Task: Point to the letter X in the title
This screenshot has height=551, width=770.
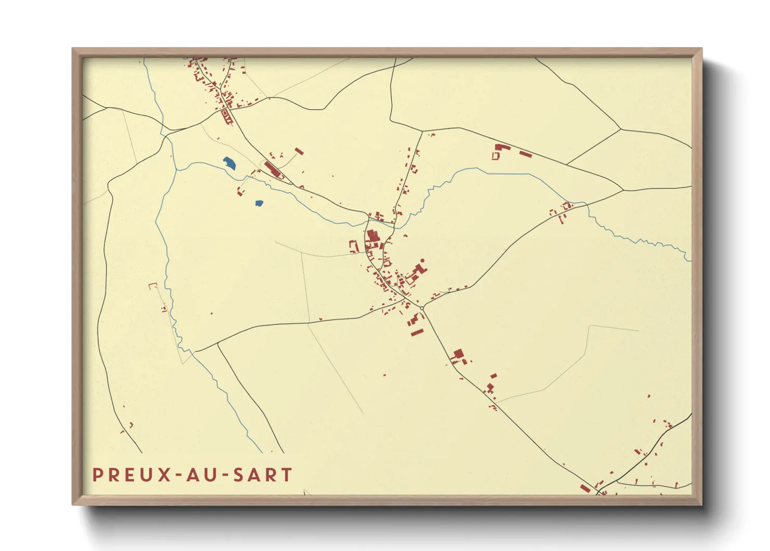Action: coord(164,475)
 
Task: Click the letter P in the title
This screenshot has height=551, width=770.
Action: coord(97,475)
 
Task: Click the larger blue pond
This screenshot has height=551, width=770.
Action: coord(229,163)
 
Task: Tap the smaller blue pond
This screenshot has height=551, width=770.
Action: coord(259,203)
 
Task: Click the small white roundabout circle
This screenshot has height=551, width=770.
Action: coord(422,308)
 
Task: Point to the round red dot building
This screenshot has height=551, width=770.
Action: coord(422,260)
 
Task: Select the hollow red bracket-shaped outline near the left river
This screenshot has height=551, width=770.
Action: coord(152,285)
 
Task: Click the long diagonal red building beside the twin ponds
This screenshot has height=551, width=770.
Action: coord(272,169)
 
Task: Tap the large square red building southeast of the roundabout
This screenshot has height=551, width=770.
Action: coord(458,354)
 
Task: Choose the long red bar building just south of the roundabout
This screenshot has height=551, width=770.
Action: coord(417,332)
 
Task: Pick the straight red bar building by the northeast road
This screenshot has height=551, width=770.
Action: coord(525,154)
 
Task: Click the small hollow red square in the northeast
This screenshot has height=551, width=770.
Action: coord(495,156)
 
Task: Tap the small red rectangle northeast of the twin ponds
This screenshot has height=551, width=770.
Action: coord(299,151)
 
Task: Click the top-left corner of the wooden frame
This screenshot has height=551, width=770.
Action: coord(73,49)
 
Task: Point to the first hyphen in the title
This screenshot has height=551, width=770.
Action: coord(180,475)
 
